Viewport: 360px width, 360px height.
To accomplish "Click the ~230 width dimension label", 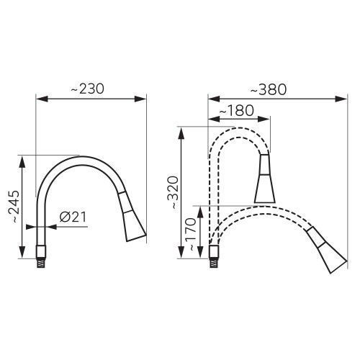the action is (x=88, y=89).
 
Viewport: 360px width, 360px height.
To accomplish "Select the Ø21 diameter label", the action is (x=73, y=217).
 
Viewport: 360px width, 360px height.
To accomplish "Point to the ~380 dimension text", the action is (x=269, y=90).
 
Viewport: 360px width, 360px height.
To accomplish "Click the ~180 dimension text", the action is (x=237, y=111).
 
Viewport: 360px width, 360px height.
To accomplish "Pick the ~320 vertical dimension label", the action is (x=174, y=192).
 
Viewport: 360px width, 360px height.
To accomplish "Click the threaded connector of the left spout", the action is (x=40, y=264).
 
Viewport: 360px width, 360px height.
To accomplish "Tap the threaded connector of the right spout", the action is (x=214, y=264).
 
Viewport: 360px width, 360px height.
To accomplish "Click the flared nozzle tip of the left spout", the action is (x=134, y=227).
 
